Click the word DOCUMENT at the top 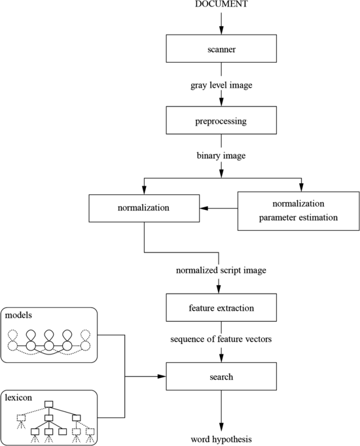click(x=221, y=5)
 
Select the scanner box click(x=221, y=49)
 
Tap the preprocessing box click(x=221, y=121)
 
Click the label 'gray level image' click(x=221, y=85)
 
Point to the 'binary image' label click(x=221, y=157)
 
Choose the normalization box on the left click(x=143, y=210)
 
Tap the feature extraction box click(x=221, y=307)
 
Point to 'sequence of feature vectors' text click(x=221, y=341)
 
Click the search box click(x=221, y=377)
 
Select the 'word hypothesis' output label click(x=221, y=439)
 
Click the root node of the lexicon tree click(x=48, y=404)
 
